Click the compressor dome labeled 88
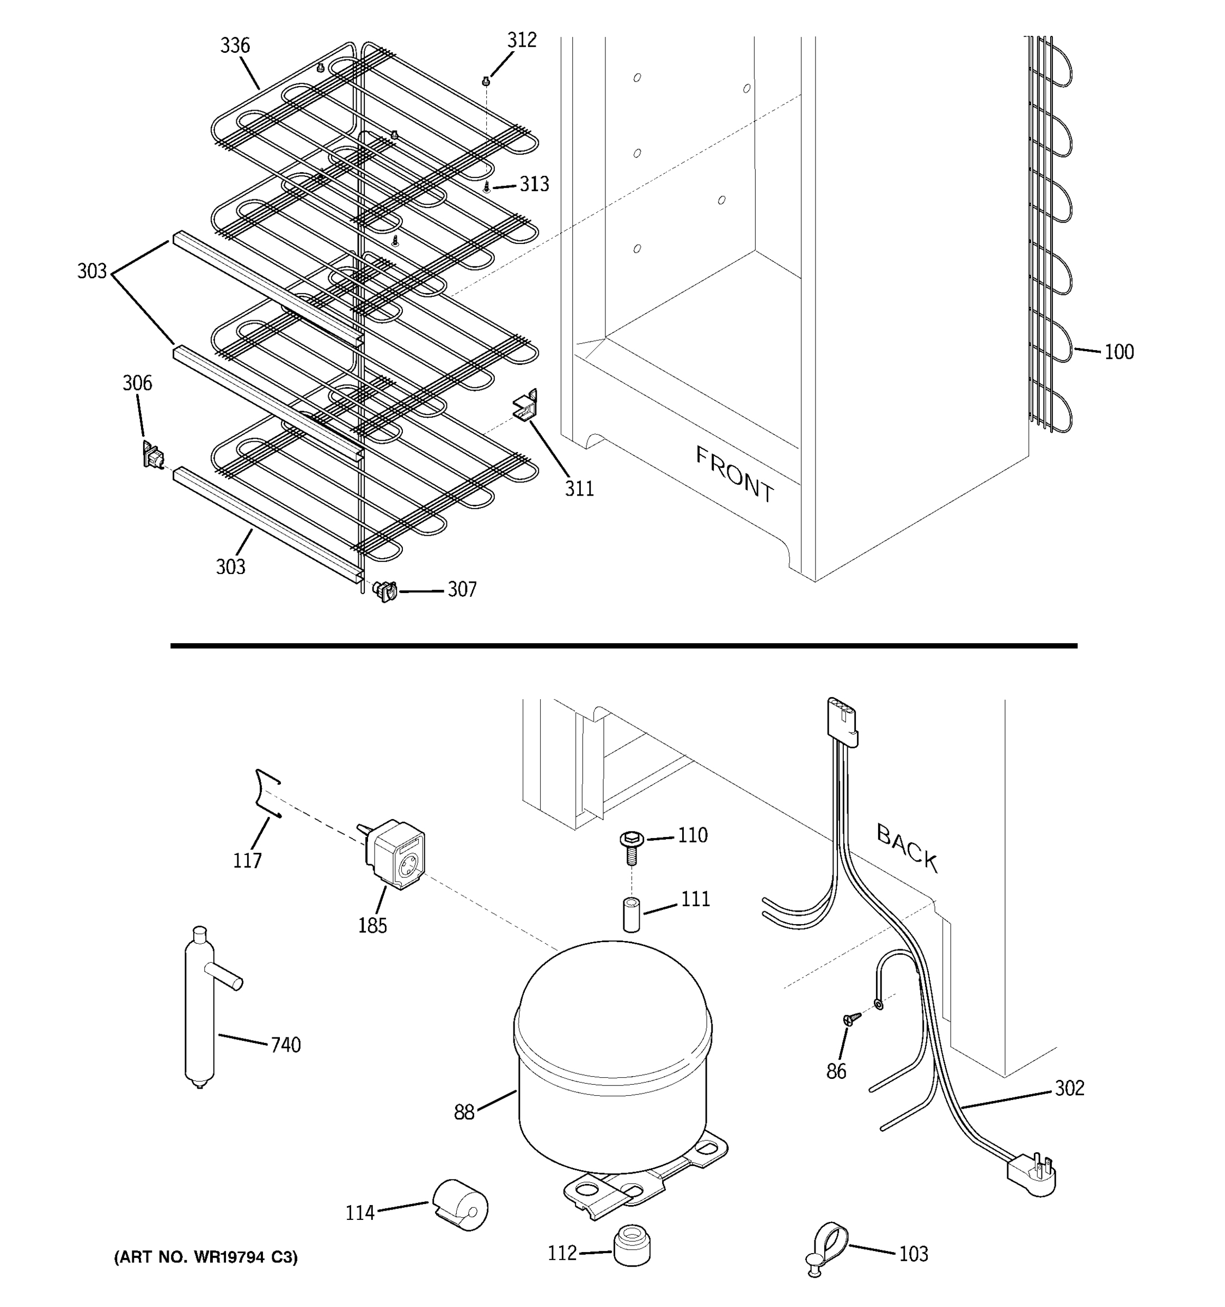coord(612,1059)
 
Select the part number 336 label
coord(235,45)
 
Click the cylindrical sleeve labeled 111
coord(632,913)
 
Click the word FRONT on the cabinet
coord(735,474)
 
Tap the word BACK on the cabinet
coord(907,848)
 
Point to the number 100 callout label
coord(1118,352)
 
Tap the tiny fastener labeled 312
coord(486,81)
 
